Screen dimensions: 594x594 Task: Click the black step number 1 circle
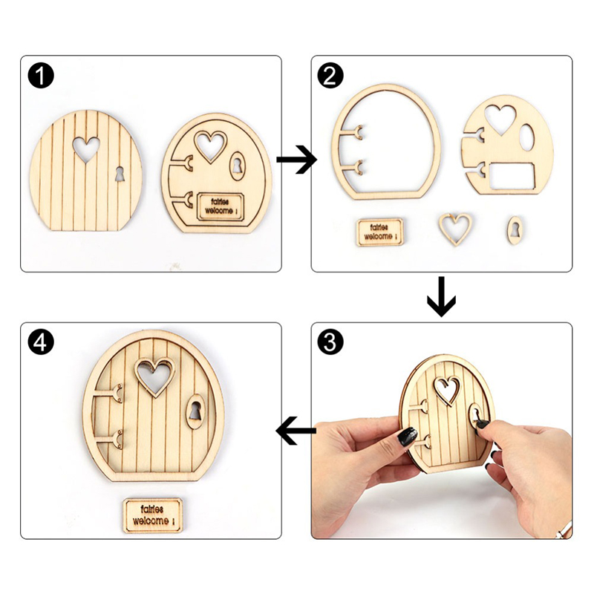pyautogui.click(x=41, y=76)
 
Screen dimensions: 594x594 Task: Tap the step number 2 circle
pyautogui.click(x=330, y=76)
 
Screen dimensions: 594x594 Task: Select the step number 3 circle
pyautogui.click(x=330, y=342)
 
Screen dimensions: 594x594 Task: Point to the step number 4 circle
pyautogui.click(x=41, y=342)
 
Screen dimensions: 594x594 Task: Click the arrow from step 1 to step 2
pyautogui.click(x=296, y=160)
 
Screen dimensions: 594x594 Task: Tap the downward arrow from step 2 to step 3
pyautogui.click(x=442, y=296)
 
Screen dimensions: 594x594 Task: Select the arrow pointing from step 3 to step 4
pyautogui.click(x=296, y=431)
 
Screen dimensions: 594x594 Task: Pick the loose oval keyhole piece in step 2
pyautogui.click(x=514, y=230)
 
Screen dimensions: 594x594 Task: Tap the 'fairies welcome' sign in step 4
pyautogui.click(x=152, y=515)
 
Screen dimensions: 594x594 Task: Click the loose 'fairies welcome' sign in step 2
pyautogui.click(x=379, y=232)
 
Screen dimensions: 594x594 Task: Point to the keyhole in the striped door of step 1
pyautogui.click(x=120, y=174)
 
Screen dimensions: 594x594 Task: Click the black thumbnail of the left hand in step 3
pyautogui.click(x=408, y=437)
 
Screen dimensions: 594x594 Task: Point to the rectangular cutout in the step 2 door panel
pyautogui.click(x=512, y=177)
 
